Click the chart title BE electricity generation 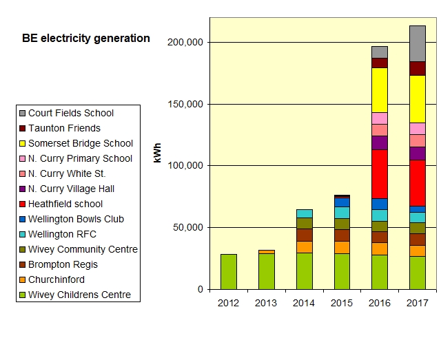[86, 39]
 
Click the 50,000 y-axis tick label [187, 227]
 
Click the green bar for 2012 [228, 271]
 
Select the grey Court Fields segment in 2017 [417, 43]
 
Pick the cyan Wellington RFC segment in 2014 [304, 213]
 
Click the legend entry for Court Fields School [71, 113]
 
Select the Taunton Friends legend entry [64, 128]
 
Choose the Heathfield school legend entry [65, 204]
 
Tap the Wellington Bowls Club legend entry [76, 219]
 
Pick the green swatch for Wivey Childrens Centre [22, 295]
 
